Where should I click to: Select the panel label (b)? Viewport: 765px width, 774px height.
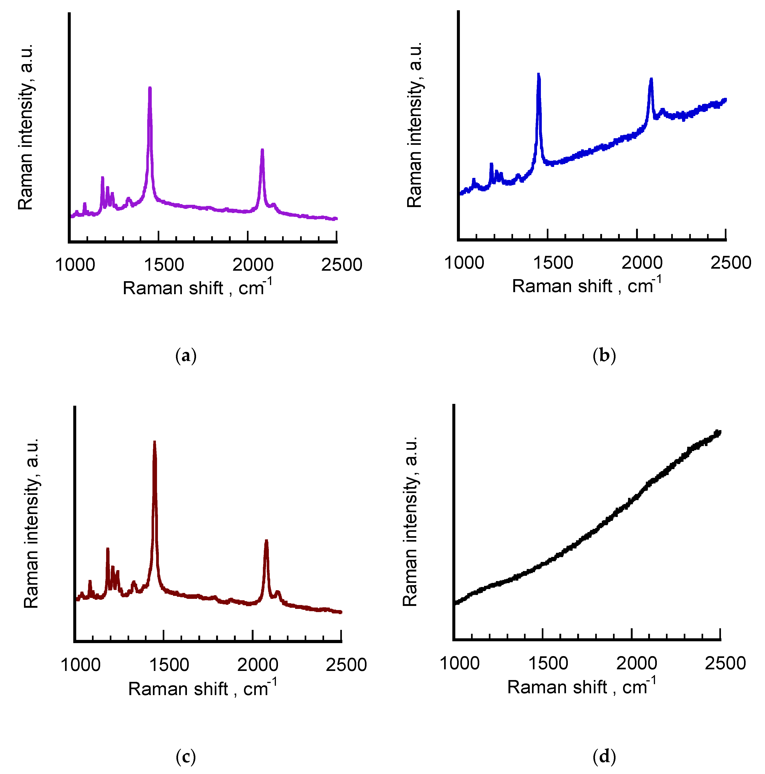[604, 356]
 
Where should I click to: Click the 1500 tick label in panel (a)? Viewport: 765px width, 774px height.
[164, 265]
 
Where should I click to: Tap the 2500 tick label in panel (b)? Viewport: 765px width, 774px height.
[731, 263]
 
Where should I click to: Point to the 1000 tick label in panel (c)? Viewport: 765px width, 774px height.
[80, 665]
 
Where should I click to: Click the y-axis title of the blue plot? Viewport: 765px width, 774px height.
[415, 124]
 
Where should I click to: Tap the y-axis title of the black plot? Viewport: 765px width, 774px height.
[410, 521]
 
